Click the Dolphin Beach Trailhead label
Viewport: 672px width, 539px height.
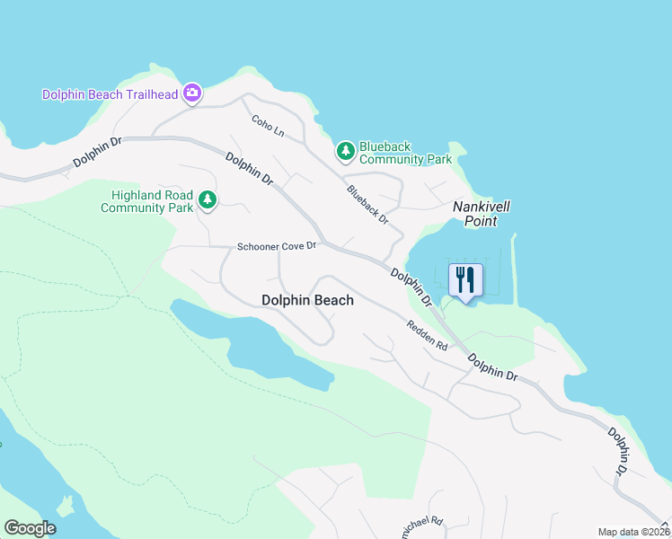tap(111, 94)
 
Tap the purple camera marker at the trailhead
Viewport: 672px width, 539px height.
tap(191, 92)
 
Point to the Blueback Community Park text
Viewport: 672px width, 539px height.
tap(404, 153)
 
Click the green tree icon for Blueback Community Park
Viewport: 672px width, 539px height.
tap(345, 152)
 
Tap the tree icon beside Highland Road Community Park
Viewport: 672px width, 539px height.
tap(208, 199)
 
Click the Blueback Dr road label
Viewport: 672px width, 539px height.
tap(367, 204)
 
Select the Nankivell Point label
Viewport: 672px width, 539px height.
tap(482, 213)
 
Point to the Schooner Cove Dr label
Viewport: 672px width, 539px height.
tap(277, 246)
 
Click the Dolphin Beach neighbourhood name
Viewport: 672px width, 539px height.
tap(307, 300)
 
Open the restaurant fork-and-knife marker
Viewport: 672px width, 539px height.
tap(464, 278)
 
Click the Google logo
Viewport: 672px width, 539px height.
tap(30, 528)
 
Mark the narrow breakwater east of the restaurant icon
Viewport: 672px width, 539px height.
tap(514, 269)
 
